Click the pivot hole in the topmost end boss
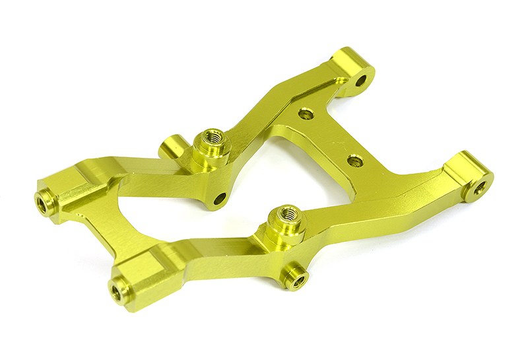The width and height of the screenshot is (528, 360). pos(360,81)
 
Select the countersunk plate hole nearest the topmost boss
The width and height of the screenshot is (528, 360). pos(305,114)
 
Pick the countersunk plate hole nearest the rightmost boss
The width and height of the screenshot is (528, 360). pos(355,160)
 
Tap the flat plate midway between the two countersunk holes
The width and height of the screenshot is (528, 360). pos(330,137)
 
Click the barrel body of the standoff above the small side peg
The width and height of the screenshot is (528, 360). pos(285,233)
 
